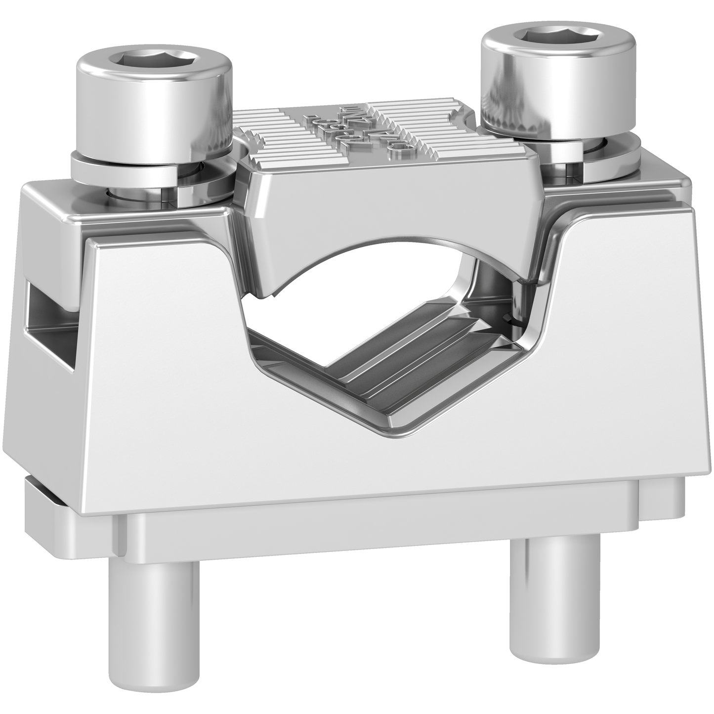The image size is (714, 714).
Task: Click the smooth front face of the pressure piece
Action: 385,198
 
